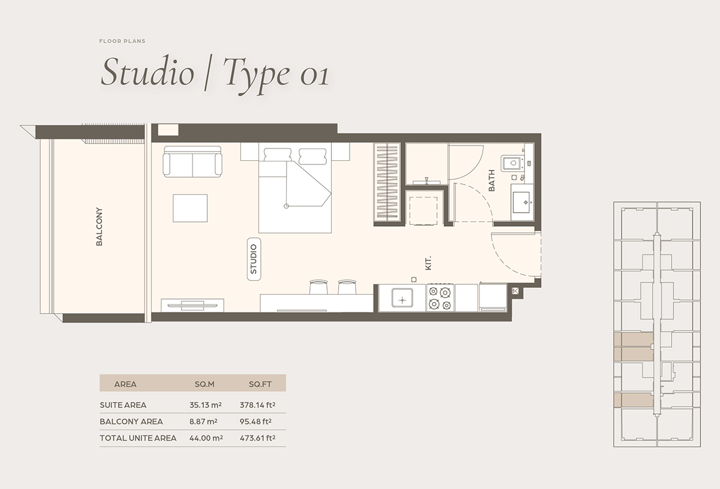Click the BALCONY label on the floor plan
point(99,227)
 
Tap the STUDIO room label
point(254,259)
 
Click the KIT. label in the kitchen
point(428,263)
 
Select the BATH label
point(492,181)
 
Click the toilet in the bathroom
point(511,163)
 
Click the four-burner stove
point(440,298)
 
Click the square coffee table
point(190,208)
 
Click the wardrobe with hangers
point(386,183)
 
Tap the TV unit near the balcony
point(192,304)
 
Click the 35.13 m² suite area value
point(205,405)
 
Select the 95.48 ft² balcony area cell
point(260,421)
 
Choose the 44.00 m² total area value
point(205,438)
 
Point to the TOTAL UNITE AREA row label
point(138,438)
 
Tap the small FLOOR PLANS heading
point(122,41)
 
